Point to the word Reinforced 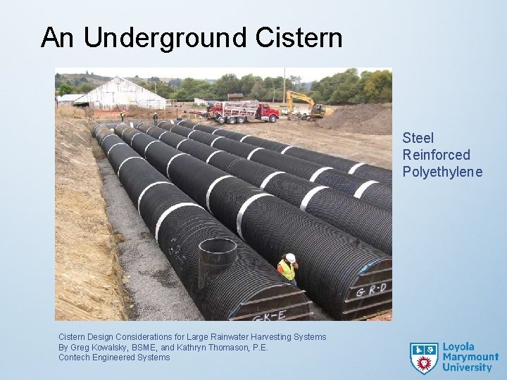point(437,155)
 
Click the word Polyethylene point(443,171)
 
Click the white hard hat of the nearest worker point(289,258)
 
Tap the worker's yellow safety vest point(287,270)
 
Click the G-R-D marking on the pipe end point(370,288)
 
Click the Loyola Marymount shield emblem point(423,357)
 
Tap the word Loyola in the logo point(458,347)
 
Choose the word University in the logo point(467,367)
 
